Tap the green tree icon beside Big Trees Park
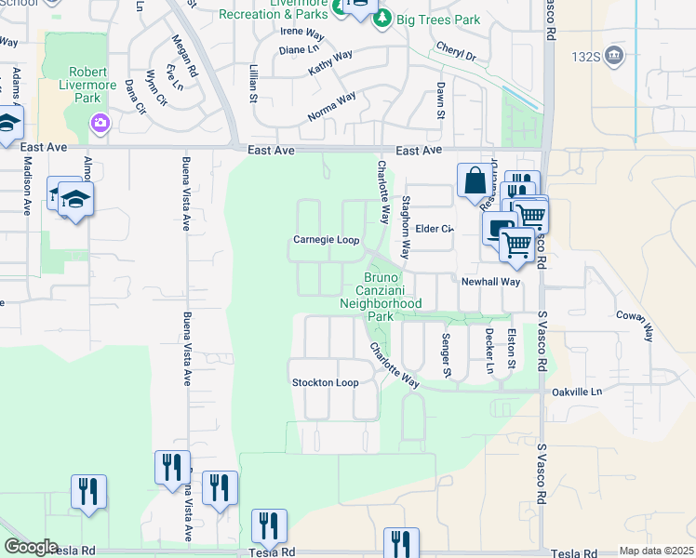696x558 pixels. pyautogui.click(x=381, y=19)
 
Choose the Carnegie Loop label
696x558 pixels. pyautogui.click(x=327, y=240)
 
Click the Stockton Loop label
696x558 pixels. pyautogui.click(x=325, y=383)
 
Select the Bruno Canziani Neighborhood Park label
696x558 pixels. pyautogui.click(x=381, y=297)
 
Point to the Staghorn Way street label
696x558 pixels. pyautogui.click(x=406, y=227)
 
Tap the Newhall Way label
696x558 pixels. pyautogui.click(x=490, y=281)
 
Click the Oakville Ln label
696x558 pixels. pyautogui.click(x=576, y=392)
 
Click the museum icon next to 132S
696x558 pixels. pyautogui.click(x=614, y=56)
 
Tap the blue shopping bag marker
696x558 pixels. pyautogui.click(x=474, y=179)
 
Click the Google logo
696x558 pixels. pyautogui.click(x=31, y=547)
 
